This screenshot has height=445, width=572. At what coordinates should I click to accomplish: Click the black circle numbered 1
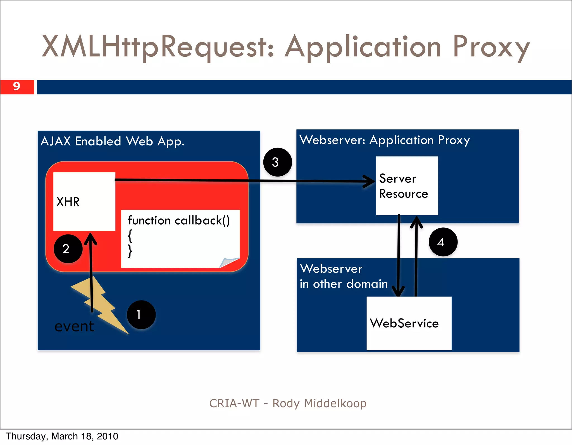tap(141, 315)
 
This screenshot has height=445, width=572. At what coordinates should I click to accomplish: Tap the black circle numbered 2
tap(68, 249)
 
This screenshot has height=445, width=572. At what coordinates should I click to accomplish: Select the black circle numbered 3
tap(277, 162)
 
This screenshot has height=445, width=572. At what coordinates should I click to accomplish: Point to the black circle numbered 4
tap(443, 242)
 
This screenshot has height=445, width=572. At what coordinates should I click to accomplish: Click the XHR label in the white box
tap(68, 202)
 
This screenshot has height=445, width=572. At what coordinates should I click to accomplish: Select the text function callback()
tap(179, 220)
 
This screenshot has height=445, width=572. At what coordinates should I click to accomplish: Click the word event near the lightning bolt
tap(74, 326)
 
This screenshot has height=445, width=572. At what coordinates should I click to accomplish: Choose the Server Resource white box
tap(407, 186)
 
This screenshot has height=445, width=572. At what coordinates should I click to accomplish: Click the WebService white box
tap(409, 323)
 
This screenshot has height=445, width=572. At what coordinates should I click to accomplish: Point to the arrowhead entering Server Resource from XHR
tap(370, 182)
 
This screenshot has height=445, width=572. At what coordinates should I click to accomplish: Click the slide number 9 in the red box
tap(17, 87)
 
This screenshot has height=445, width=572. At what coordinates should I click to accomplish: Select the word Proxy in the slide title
tap(491, 47)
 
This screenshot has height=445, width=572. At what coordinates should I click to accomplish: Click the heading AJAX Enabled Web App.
tap(113, 141)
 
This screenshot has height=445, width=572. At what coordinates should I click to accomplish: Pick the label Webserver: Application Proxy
tap(385, 140)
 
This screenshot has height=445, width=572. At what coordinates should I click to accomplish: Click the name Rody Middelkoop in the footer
tap(319, 403)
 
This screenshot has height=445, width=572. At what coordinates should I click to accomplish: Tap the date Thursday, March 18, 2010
tap(62, 436)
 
